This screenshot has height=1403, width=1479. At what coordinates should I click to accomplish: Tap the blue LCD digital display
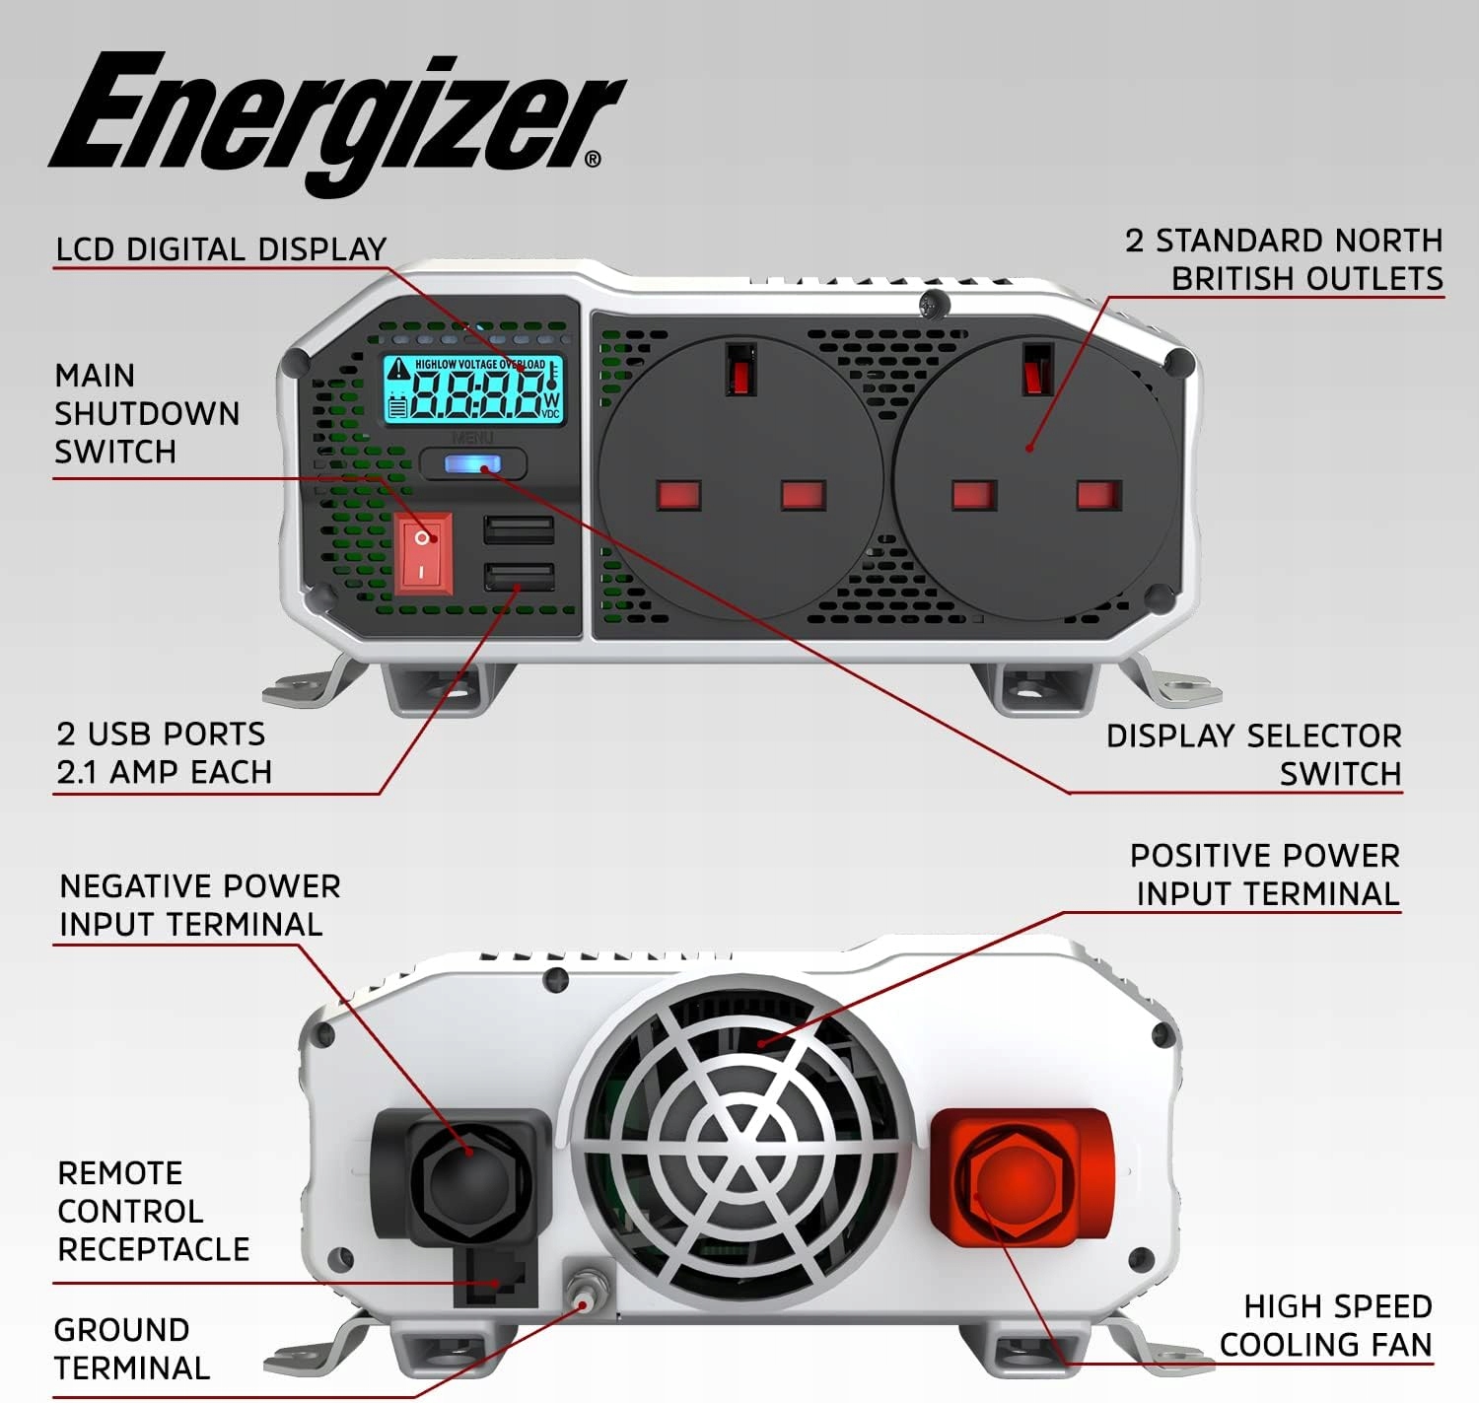pyautogui.click(x=473, y=389)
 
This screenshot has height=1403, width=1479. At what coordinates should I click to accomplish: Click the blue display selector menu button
pyautogui.click(x=473, y=463)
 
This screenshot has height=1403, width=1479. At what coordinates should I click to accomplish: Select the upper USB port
pyautogui.click(x=519, y=530)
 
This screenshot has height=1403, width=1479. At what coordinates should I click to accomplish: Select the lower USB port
pyautogui.click(x=519, y=577)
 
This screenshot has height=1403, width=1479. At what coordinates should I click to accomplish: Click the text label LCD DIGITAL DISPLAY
pyautogui.click(x=221, y=249)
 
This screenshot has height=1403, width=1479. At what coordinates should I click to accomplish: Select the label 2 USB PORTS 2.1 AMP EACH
pyautogui.click(x=164, y=753)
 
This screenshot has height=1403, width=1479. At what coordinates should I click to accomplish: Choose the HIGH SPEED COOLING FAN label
pyautogui.click(x=1326, y=1326)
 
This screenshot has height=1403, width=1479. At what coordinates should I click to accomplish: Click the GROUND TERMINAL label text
pyautogui.click(x=131, y=1349)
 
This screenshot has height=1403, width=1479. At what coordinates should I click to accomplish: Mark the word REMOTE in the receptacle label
pyautogui.click(x=120, y=1173)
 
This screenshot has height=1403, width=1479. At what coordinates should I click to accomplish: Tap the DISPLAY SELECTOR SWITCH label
pyautogui.click(x=1253, y=755)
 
